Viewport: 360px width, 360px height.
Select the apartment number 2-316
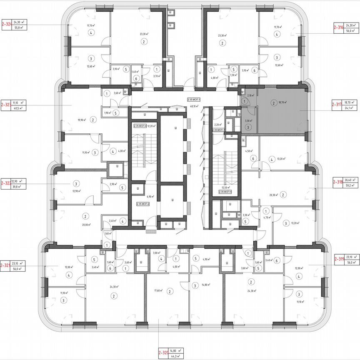338,28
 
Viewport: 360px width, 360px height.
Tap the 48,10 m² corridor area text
193,106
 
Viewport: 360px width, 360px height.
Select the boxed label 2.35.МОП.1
194,100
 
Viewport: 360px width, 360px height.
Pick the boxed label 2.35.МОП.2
142,204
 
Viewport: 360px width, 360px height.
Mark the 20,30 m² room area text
273,194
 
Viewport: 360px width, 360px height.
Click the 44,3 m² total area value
177,356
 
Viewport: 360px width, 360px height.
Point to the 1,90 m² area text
107,113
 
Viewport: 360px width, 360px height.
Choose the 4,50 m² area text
249,151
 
